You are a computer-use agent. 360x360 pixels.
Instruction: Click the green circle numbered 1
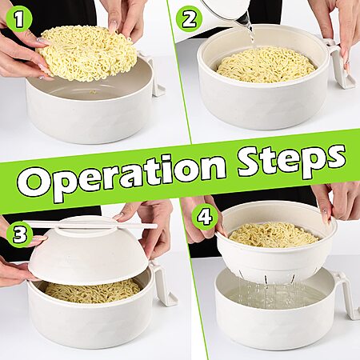pyautogui.click(x=18, y=18)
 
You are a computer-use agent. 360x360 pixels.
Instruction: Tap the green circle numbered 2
pyautogui.click(x=189, y=19)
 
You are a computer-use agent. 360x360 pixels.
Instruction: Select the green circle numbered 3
pyautogui.click(x=20, y=234)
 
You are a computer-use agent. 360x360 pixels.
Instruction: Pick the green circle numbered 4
pyautogui.click(x=205, y=218)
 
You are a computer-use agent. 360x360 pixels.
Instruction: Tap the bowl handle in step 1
pyautogui.click(x=154, y=74)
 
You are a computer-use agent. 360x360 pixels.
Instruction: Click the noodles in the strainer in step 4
pyautogui.click(x=274, y=234)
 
